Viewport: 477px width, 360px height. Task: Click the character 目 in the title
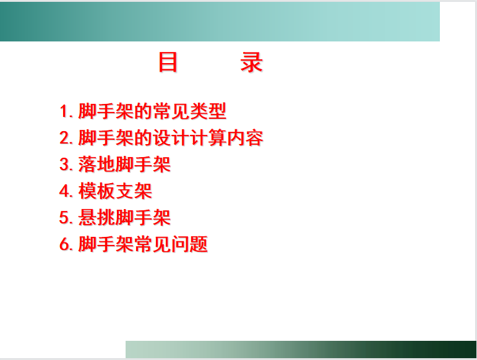[168, 62]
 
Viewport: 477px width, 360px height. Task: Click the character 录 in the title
[252, 62]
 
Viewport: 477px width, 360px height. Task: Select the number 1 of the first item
[64, 111]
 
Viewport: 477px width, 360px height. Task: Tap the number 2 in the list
[64, 138]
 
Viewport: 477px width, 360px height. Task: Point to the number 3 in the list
[64, 165]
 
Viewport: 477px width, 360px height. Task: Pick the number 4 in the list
[64, 191]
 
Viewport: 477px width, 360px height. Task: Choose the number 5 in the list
[64, 218]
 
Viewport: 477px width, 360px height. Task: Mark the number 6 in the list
[64, 244]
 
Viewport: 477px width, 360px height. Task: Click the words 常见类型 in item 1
[189, 111]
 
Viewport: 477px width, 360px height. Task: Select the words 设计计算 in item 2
[189, 138]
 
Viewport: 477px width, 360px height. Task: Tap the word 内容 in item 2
[245, 138]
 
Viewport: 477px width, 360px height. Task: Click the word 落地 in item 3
[97, 165]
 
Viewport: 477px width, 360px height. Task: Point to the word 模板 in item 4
[97, 191]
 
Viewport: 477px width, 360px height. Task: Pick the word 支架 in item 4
[134, 191]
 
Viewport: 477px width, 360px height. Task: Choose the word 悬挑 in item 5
[97, 218]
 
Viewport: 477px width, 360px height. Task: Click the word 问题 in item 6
[189, 244]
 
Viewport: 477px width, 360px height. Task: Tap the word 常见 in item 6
[152, 244]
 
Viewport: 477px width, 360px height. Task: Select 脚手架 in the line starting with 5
[144, 218]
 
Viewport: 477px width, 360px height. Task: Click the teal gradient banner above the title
[220, 21]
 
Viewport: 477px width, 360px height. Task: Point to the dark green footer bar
[301, 349]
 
